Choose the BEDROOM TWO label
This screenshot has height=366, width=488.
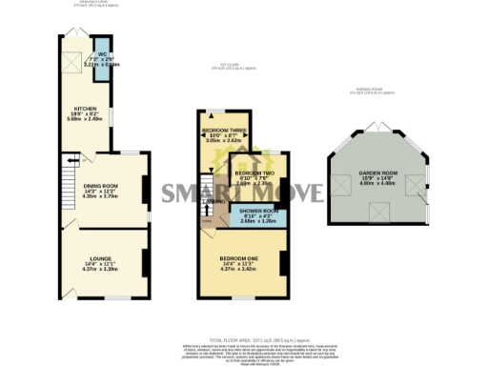pos(255,173)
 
